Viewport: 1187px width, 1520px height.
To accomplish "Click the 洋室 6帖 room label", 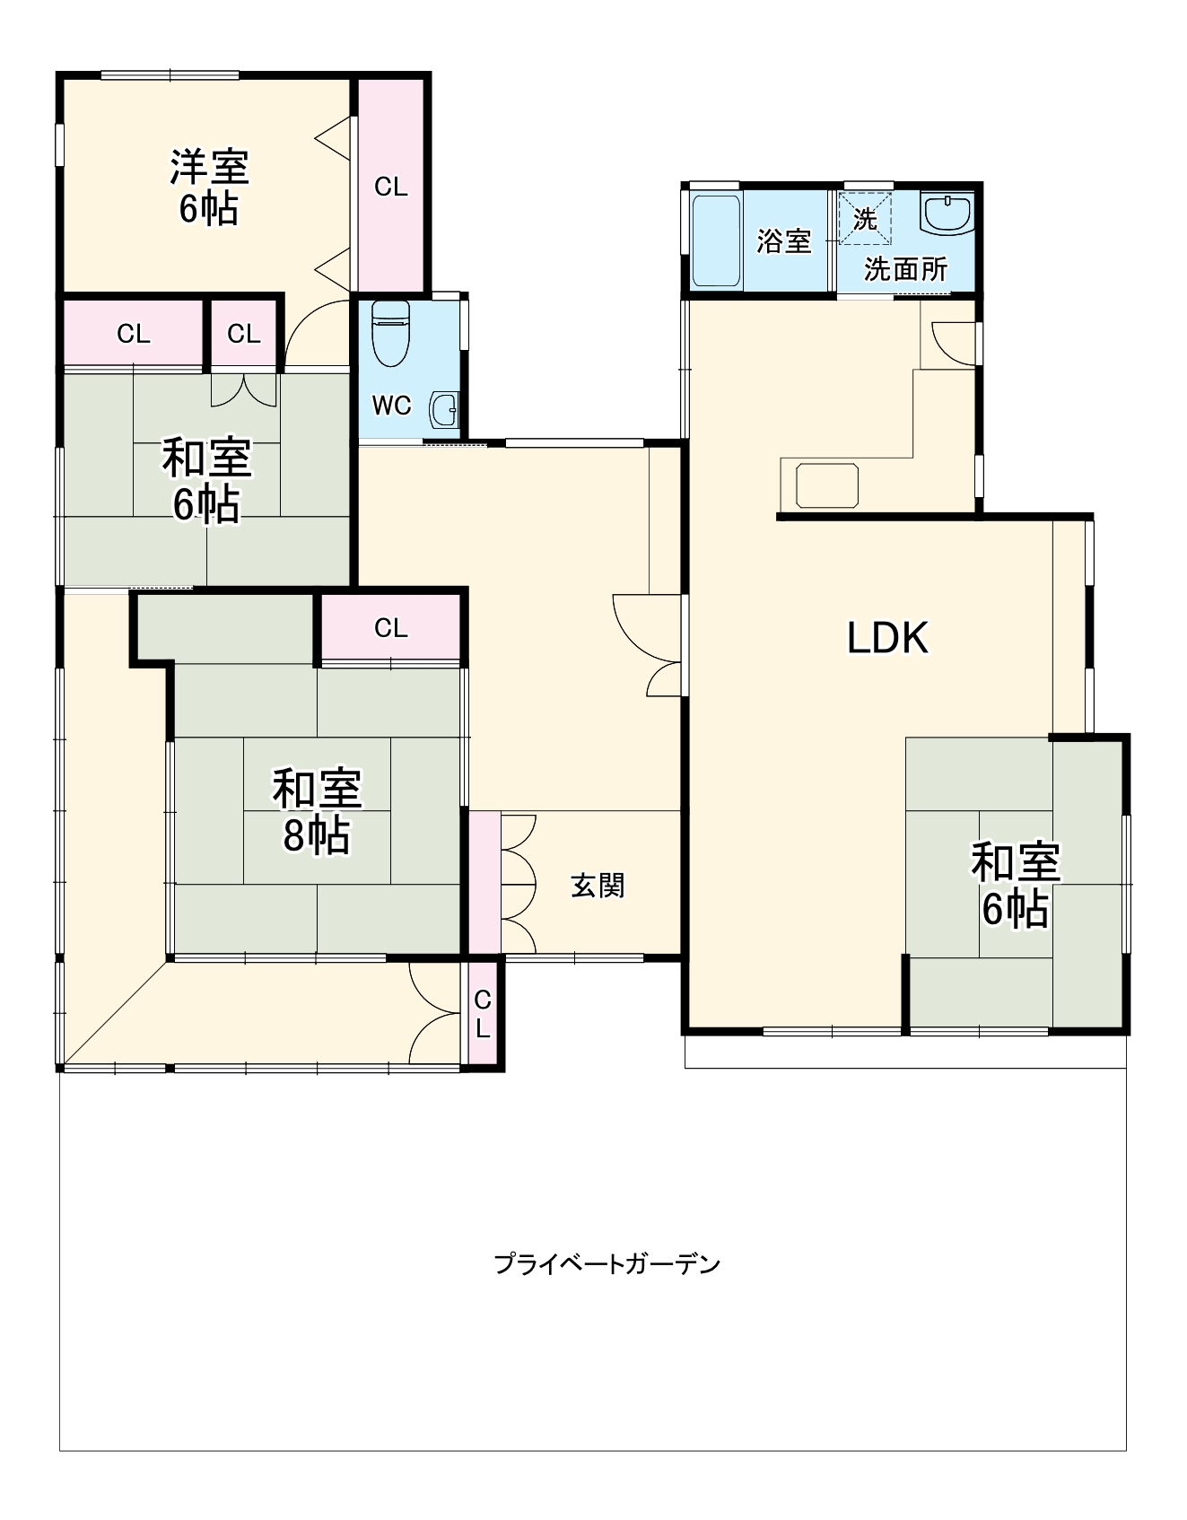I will [x=209, y=187].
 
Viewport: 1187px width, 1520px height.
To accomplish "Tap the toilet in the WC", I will [x=390, y=331].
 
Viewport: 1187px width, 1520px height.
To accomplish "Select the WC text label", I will [x=391, y=406].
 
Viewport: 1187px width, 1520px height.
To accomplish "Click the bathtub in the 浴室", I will [x=716, y=240].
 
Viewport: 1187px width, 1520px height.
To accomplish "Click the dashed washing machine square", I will [x=866, y=217].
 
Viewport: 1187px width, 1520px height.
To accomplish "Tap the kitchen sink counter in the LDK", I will [x=826, y=485].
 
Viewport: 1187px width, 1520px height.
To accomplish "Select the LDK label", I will [x=887, y=638].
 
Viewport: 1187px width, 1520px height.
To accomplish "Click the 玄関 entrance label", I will [x=598, y=886].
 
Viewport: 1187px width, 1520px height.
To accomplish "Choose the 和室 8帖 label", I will [x=317, y=811].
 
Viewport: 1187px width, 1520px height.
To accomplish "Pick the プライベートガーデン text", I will [x=607, y=1264].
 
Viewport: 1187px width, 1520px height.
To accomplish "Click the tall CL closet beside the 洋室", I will [x=390, y=187].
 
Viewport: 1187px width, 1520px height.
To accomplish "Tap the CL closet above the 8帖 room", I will [x=391, y=627].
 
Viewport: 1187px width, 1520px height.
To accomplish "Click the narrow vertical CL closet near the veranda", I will [x=483, y=1014].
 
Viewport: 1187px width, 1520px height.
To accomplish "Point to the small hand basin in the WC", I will [x=444, y=411].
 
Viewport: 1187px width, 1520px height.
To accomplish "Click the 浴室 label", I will [x=783, y=240].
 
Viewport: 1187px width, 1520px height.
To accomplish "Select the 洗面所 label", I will [x=905, y=269].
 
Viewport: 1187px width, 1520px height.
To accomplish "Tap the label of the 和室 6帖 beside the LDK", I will [x=1015, y=885].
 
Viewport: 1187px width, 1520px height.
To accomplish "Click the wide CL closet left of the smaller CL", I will [x=134, y=334].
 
